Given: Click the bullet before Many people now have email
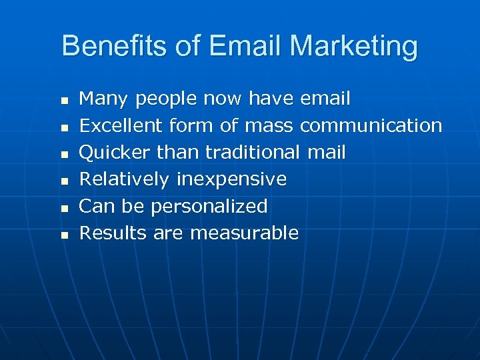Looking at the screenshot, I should (x=65, y=101).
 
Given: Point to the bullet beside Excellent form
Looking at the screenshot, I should (x=65, y=127).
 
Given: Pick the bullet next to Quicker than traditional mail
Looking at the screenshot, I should (x=65, y=154).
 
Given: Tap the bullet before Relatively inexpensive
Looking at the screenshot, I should (x=65, y=181).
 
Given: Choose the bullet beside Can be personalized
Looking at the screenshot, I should (x=65, y=208).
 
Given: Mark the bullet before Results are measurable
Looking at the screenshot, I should (x=65, y=235).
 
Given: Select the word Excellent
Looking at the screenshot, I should (x=121, y=125).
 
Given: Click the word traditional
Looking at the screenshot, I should (x=253, y=153).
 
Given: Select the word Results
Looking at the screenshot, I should (x=113, y=233).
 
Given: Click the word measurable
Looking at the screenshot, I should (x=244, y=233).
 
